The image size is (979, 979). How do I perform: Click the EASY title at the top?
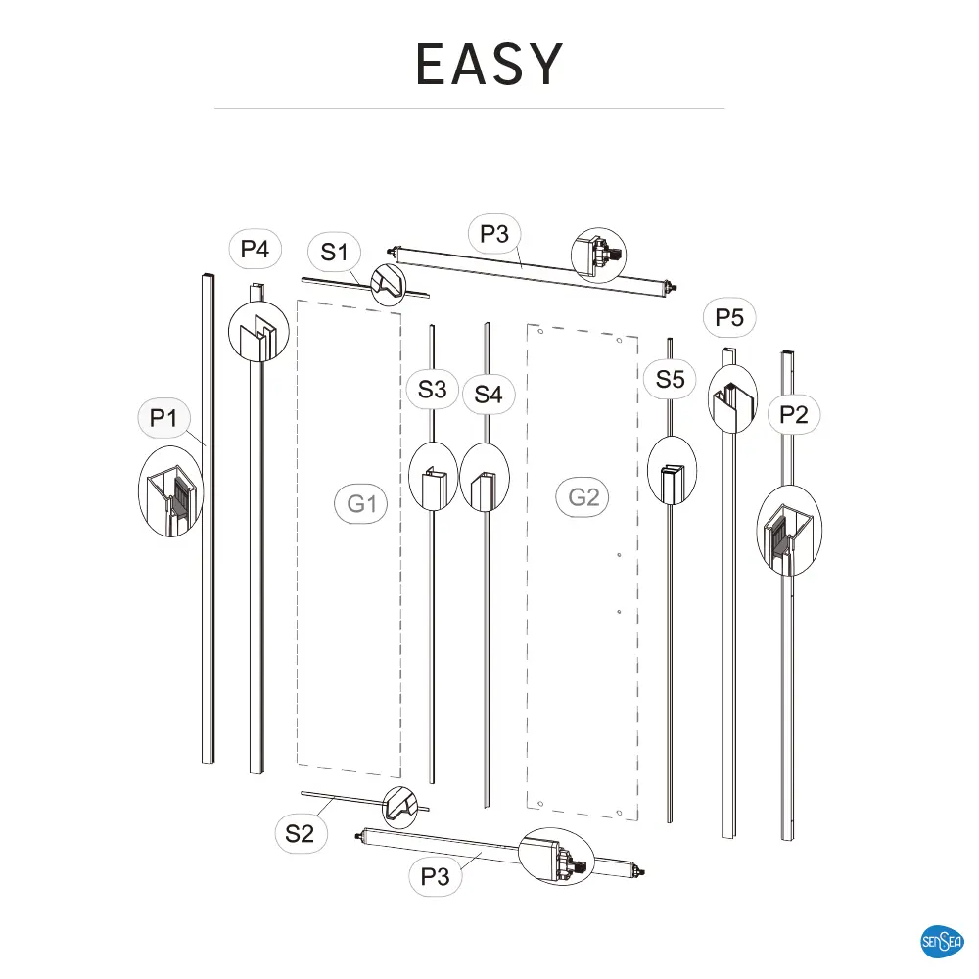click(x=489, y=65)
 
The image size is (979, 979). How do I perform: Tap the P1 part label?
click(x=163, y=419)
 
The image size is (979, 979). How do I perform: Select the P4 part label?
click(x=255, y=249)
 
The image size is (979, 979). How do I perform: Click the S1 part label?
click(x=335, y=252)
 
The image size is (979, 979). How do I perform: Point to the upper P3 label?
click(x=494, y=235)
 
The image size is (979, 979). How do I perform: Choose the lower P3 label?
click(x=435, y=876)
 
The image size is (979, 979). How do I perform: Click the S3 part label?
click(x=432, y=389)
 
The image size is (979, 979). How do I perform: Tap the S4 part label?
click(x=488, y=394)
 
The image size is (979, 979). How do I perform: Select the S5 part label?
click(x=671, y=379)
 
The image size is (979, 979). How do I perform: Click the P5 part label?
click(x=729, y=317)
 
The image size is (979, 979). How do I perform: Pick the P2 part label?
click(x=793, y=414)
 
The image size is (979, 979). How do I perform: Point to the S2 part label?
click(x=300, y=834)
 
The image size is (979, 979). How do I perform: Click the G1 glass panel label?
click(x=361, y=504)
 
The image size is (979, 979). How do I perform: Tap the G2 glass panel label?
click(x=583, y=497)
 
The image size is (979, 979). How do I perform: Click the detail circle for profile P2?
click(x=789, y=530)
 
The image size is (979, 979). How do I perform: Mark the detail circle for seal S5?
click(x=673, y=471)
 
